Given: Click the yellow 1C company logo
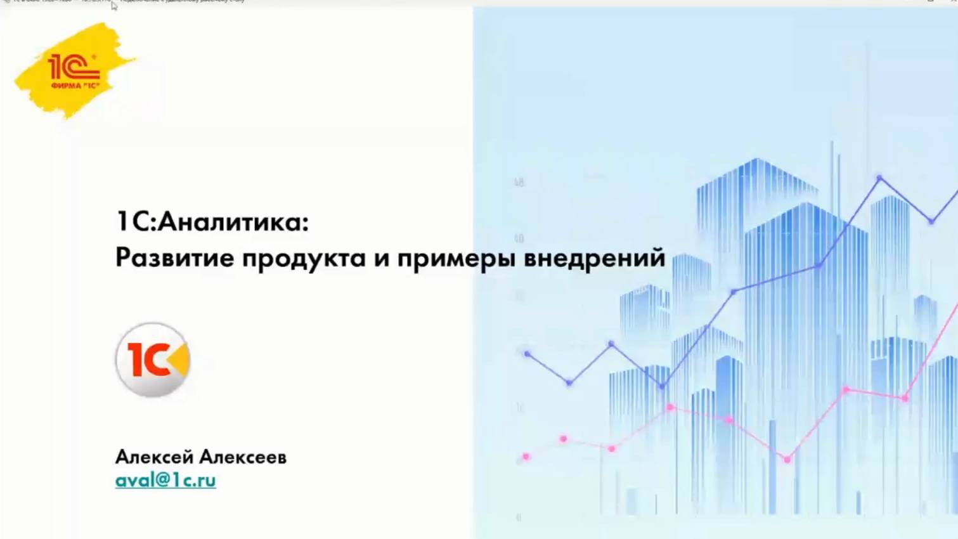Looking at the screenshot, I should click(75, 70).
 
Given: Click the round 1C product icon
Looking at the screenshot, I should click(153, 360).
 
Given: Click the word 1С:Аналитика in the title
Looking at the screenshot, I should click(212, 222).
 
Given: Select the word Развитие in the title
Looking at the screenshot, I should click(174, 258).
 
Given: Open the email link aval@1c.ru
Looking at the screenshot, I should click(165, 480).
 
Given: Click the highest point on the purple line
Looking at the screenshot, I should click(879, 179).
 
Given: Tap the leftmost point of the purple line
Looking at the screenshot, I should click(527, 354).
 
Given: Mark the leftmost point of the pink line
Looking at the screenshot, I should click(526, 457).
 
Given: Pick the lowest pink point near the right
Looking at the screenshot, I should click(787, 459).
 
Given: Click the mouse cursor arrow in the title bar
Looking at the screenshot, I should click(114, 6).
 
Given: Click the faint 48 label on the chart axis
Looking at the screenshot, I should click(519, 183).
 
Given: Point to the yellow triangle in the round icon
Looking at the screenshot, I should click(179, 360).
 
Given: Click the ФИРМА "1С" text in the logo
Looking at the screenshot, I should click(75, 86).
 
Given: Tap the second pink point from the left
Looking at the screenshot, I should click(564, 439).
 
